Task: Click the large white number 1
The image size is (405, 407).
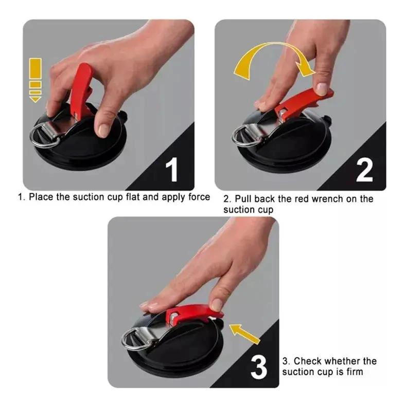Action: (x=172, y=169)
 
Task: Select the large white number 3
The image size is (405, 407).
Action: (x=259, y=367)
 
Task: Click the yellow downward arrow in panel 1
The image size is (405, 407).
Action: (x=36, y=80)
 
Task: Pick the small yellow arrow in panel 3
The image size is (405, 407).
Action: (x=244, y=334)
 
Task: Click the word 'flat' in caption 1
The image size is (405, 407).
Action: (x=133, y=197)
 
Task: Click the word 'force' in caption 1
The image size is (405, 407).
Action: (x=199, y=197)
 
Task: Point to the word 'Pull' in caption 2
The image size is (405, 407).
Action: (x=243, y=199)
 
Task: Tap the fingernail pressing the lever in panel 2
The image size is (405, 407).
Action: (x=322, y=89)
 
